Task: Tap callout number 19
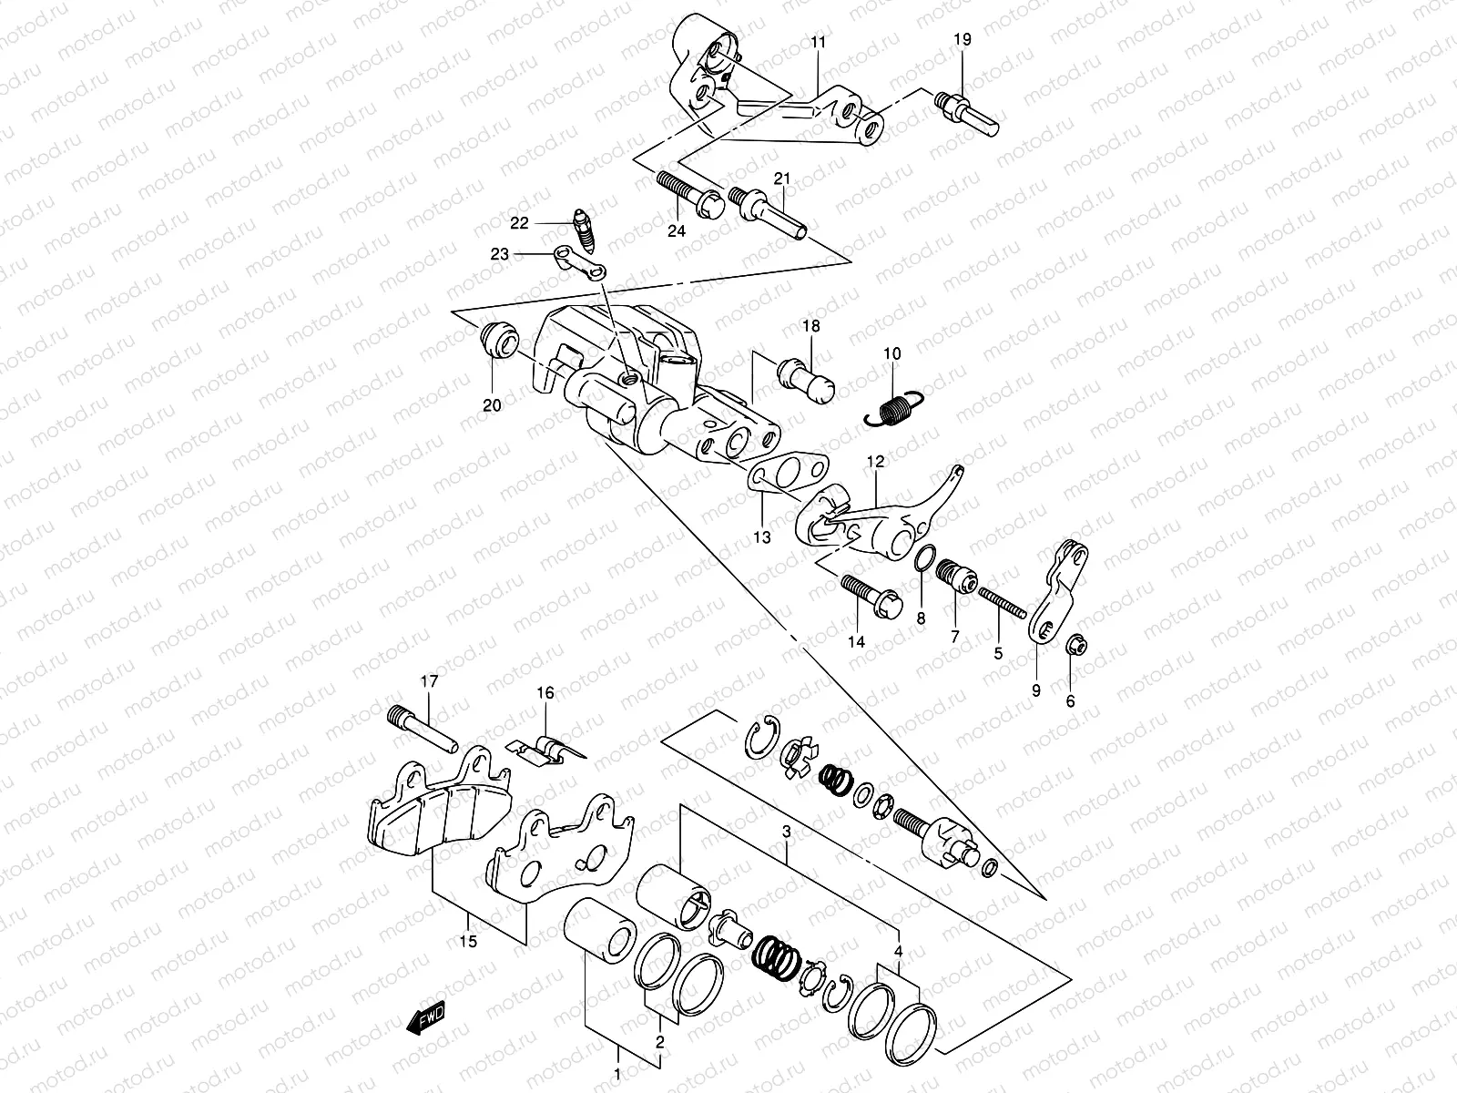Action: [x=963, y=39]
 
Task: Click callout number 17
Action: [x=429, y=680]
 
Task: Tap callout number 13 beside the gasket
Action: [x=761, y=537]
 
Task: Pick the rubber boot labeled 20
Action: [x=499, y=340]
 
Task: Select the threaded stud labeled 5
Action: [x=1002, y=603]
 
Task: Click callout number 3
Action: [x=787, y=831]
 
